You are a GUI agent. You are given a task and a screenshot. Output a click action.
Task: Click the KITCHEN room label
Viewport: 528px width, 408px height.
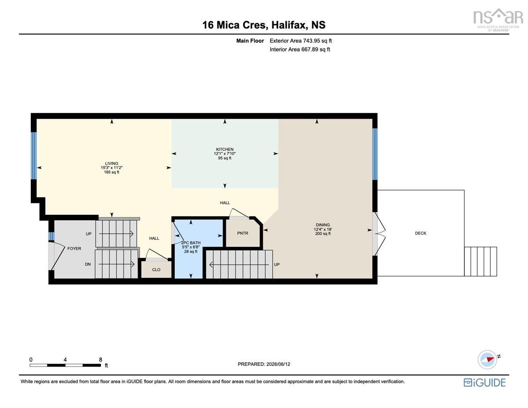tap(224, 149)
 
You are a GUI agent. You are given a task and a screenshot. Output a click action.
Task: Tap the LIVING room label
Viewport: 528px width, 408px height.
tap(111, 163)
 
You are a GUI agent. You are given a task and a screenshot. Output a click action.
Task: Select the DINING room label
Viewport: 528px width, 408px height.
tap(323, 225)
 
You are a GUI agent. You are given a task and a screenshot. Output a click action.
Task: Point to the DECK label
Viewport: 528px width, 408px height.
tap(420, 233)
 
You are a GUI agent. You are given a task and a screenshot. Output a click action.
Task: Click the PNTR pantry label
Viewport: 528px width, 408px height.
tap(242, 233)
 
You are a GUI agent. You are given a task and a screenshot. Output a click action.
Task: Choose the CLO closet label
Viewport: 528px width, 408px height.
tap(156, 269)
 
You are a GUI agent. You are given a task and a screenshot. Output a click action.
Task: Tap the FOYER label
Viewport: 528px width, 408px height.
tap(74, 248)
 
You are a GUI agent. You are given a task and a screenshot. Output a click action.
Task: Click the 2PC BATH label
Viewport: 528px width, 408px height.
tap(191, 243)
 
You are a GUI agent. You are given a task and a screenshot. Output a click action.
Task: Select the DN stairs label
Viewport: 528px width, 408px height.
tap(88, 264)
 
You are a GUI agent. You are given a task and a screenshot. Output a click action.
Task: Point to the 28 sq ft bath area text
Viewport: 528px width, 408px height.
tap(191, 251)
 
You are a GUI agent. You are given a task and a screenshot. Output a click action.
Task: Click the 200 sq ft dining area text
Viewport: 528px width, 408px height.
tap(323, 234)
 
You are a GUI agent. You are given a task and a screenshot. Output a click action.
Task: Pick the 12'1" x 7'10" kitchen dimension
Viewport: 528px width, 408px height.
tap(224, 154)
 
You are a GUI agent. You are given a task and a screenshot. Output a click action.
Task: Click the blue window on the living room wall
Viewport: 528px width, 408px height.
tap(34, 155)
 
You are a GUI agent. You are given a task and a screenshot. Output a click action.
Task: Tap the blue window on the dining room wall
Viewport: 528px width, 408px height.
tap(375, 154)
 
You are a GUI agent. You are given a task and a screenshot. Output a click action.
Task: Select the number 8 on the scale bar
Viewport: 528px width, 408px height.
tap(100, 360)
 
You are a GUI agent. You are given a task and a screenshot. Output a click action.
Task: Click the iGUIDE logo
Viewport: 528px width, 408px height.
tap(484, 382)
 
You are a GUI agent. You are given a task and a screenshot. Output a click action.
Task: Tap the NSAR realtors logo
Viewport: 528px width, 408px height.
tap(498, 20)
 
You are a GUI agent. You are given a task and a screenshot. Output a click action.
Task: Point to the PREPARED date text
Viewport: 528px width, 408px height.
tap(264, 364)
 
